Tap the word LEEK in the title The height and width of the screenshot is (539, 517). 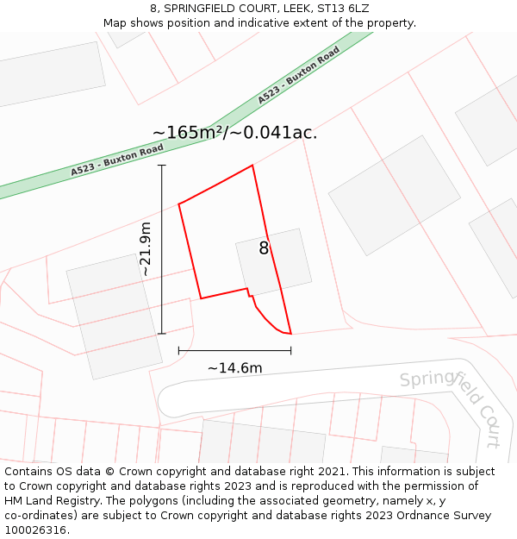tap(281, 9)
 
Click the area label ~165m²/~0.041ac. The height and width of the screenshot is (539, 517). tap(234, 133)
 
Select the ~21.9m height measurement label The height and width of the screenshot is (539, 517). tap(146, 249)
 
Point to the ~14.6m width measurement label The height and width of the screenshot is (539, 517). tap(234, 368)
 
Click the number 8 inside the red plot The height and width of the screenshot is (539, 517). tap(264, 248)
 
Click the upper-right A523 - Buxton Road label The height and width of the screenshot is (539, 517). tap(298, 75)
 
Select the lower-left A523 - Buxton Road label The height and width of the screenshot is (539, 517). tap(117, 160)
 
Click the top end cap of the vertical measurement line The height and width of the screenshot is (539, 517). tap(162, 165)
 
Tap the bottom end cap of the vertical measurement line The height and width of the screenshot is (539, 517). tap(162, 334)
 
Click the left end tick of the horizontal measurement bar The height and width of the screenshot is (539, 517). tap(178, 351)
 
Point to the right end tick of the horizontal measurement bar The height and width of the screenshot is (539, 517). tap(291, 351)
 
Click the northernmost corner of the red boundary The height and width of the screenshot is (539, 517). tap(252, 166)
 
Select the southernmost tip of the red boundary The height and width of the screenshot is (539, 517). tap(290, 333)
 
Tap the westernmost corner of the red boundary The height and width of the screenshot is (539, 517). tap(178, 204)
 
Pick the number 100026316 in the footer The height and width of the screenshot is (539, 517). tap(36, 530)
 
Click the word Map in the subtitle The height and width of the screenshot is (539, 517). tap(115, 23)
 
